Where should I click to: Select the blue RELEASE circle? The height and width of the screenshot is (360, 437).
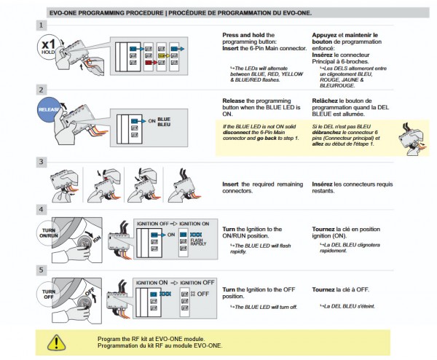pyautogui.click(x=49, y=111)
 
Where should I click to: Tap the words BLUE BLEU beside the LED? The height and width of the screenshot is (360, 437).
pyautogui.click(x=164, y=121)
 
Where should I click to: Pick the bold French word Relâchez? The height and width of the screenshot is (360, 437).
pyautogui.click(x=324, y=101)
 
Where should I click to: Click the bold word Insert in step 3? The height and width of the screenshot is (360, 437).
pyautogui.click(x=231, y=184)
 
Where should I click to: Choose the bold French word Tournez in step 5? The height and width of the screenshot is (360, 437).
pyautogui.click(x=324, y=290)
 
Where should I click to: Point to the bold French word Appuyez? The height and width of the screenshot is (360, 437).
pyautogui.click(x=325, y=34)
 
